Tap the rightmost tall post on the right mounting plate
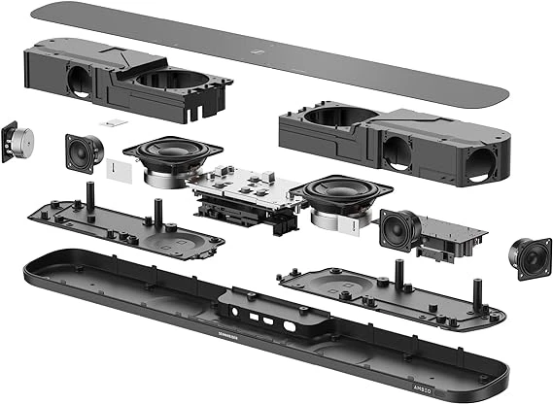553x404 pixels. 476,290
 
